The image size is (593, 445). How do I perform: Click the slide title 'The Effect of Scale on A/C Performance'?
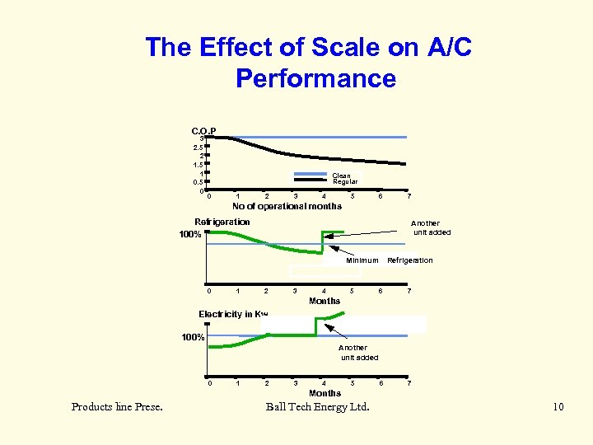[308, 63]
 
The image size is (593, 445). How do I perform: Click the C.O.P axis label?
[203, 131]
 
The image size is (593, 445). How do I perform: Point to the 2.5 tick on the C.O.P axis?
[198, 147]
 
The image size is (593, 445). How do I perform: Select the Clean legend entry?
[341, 176]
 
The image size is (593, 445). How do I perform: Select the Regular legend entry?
[344, 182]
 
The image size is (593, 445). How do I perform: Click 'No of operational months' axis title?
[287, 206]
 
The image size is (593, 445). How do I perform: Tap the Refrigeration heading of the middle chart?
[222, 222]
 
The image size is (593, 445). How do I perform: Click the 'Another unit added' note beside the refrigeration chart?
[431, 227]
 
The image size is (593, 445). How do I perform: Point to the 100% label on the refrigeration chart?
[191, 235]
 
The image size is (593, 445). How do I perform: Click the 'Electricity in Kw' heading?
[233, 314]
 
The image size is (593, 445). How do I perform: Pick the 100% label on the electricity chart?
[192, 337]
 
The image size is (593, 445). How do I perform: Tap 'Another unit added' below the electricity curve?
[359, 353]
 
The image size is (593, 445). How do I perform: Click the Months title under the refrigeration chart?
[325, 301]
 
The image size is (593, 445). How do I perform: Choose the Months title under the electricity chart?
[325, 393]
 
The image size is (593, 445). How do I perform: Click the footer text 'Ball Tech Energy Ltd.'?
[318, 407]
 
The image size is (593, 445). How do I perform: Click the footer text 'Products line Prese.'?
[117, 407]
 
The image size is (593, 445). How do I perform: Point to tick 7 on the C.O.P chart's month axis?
[409, 196]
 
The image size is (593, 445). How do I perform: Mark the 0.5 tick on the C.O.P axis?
[198, 183]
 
